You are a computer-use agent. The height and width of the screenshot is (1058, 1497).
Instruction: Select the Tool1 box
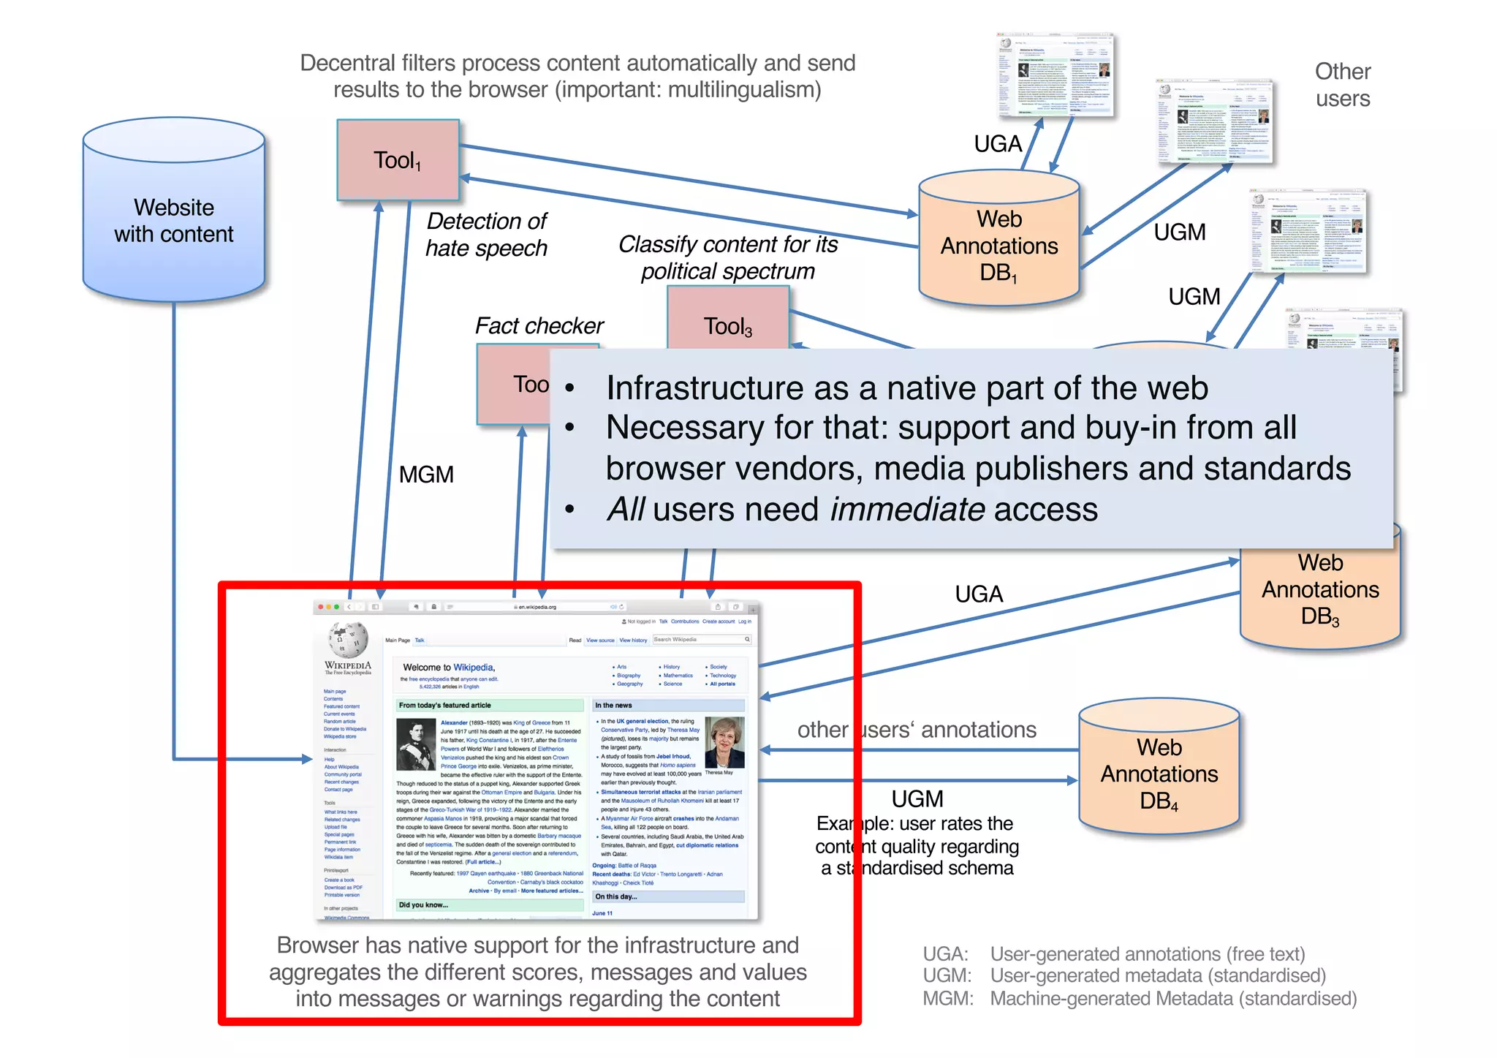398,160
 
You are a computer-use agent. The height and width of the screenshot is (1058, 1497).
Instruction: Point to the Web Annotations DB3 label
1320,589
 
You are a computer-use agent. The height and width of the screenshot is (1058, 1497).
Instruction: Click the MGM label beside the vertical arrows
426,475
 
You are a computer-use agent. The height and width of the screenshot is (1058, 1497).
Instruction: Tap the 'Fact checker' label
539,325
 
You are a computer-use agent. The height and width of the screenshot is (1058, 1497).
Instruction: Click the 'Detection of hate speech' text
486,235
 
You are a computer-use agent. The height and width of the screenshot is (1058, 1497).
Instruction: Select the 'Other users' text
1343,85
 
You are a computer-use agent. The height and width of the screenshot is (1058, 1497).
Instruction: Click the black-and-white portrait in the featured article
416,744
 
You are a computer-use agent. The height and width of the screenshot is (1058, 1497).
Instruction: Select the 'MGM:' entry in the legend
947,999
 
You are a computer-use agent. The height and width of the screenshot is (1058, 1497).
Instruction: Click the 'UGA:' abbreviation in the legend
945,954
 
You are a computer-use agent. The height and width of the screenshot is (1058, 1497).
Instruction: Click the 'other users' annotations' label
917,730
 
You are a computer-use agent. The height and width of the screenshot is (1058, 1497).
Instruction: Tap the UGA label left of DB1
998,144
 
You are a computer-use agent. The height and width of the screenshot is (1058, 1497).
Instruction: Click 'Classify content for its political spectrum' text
728,257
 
